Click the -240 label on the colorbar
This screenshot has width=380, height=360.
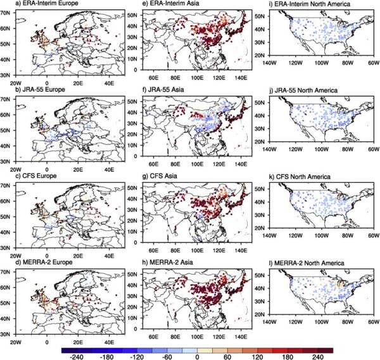pyautogui.click(x=79, y=356)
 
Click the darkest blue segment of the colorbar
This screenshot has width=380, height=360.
pyautogui.click(x=69, y=347)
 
